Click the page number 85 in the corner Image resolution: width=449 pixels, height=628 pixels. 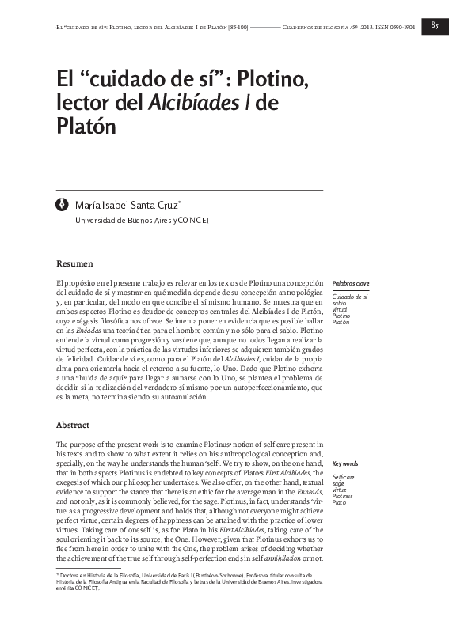tap(435, 25)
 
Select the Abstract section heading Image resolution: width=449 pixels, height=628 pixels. tap(73, 425)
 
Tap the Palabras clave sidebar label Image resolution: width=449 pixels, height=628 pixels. tap(351, 283)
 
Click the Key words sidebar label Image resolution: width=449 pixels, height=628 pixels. tap(345, 463)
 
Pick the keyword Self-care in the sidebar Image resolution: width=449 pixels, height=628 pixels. tap(344, 478)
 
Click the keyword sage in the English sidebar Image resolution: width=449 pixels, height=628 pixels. tap(339, 484)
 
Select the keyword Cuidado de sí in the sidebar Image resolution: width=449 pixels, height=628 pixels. tap(349, 297)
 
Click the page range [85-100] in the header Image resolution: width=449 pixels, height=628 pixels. tap(235, 26)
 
